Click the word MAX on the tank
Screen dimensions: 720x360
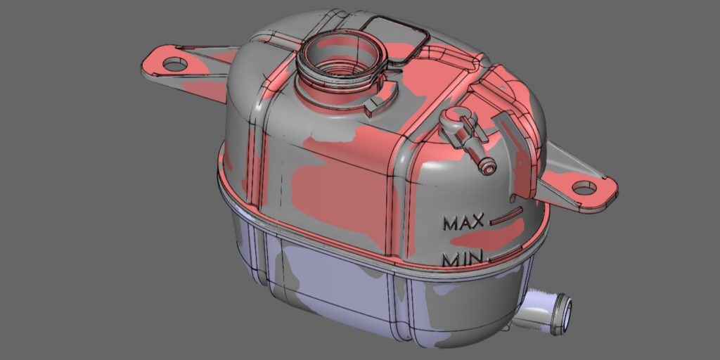point(463,223)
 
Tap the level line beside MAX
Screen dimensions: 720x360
point(506,216)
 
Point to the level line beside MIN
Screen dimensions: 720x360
point(505,254)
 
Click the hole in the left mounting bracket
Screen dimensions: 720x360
point(175,64)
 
